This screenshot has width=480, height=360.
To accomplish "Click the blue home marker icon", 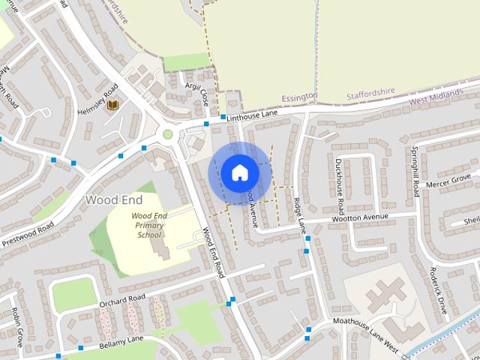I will point(239,173).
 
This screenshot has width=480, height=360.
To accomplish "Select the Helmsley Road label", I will point(97,97).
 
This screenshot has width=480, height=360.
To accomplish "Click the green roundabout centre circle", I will point(168,135).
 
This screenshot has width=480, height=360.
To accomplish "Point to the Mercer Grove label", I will point(448,181).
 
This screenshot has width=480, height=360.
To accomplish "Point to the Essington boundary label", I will point(299,97).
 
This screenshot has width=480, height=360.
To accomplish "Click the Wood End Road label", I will point(214,253).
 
